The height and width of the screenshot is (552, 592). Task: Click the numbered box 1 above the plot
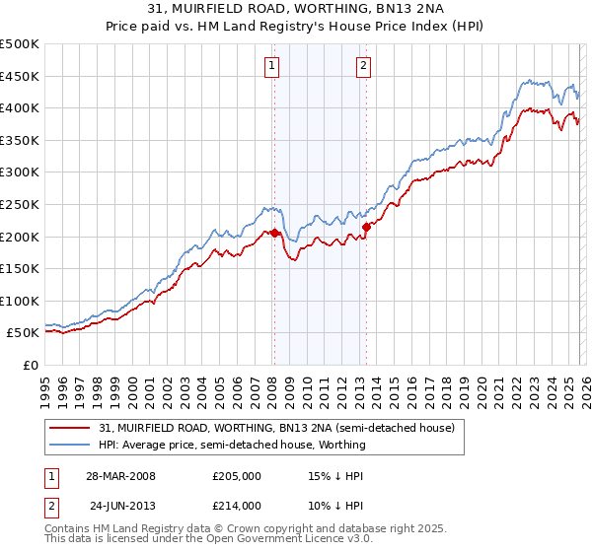(271, 66)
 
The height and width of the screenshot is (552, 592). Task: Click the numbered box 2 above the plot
(363, 66)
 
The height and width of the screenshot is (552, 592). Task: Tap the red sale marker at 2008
(275, 234)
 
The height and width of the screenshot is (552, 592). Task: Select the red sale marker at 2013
(366, 228)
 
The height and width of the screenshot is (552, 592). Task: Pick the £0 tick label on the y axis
(30, 365)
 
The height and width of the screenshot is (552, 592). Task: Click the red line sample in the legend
(69, 429)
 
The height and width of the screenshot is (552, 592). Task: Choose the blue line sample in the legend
(69, 445)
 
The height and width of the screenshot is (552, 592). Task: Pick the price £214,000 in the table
(237, 505)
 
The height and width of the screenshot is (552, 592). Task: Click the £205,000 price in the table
(237, 475)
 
